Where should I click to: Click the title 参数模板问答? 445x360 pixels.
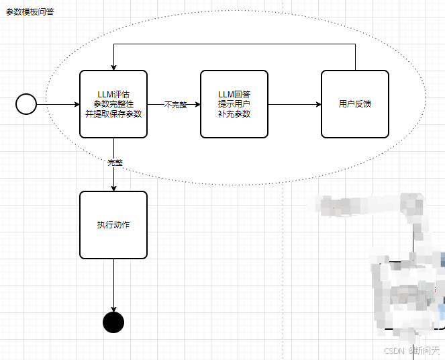pyautogui.click(x=30, y=12)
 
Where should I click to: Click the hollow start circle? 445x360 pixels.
pyautogui.click(x=26, y=104)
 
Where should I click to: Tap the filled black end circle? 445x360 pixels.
pyautogui.click(x=113, y=322)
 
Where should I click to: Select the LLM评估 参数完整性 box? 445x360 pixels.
pyautogui.click(x=113, y=104)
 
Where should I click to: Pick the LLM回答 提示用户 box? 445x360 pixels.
pyautogui.click(x=234, y=104)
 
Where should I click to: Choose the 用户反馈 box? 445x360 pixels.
pyautogui.click(x=355, y=104)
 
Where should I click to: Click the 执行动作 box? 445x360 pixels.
pyautogui.click(x=113, y=225)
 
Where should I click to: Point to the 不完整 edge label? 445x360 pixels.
pyautogui.click(x=175, y=105)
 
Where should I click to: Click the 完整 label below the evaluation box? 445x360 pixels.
pyautogui.click(x=115, y=163)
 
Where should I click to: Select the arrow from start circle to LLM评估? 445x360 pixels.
pyautogui.click(x=58, y=104)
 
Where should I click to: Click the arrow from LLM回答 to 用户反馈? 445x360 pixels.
pyautogui.click(x=294, y=104)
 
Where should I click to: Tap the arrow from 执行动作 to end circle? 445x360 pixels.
pyautogui.click(x=113, y=285)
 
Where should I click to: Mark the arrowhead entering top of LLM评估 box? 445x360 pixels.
pyautogui.click(x=113, y=67)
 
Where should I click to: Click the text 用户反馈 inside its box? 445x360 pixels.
pyautogui.click(x=355, y=104)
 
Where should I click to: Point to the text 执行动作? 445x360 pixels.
pyautogui.click(x=113, y=225)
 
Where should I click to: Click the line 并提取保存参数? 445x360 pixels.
pyautogui.click(x=113, y=114)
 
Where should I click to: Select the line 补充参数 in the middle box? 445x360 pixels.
pyautogui.click(x=234, y=114)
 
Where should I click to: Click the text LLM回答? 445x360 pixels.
pyautogui.click(x=234, y=94)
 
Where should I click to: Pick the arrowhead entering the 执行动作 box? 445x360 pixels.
pyautogui.click(x=113, y=188)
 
